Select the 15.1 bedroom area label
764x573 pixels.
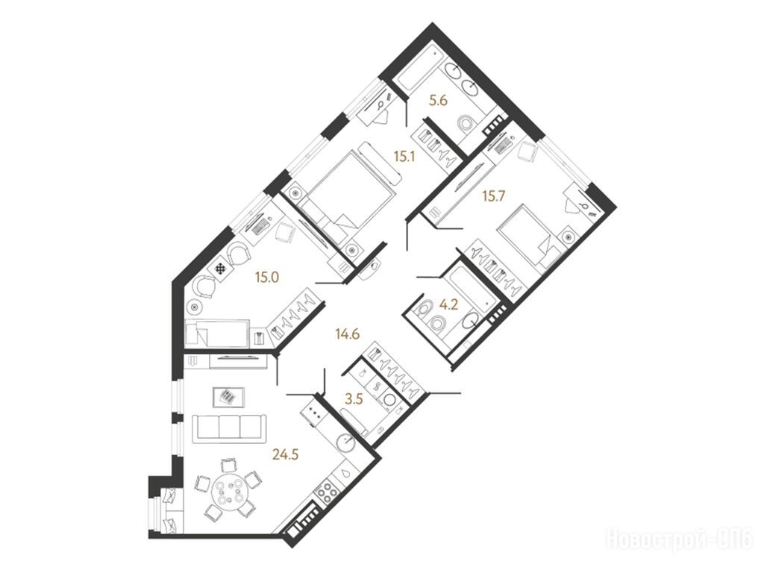(x=404, y=157)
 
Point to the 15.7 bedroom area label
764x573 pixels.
(x=494, y=196)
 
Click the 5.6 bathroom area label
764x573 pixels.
(x=438, y=101)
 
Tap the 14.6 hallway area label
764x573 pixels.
(x=348, y=334)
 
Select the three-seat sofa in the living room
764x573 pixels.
(x=228, y=428)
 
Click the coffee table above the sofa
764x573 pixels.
(x=229, y=397)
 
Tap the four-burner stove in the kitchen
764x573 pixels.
(x=327, y=492)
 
